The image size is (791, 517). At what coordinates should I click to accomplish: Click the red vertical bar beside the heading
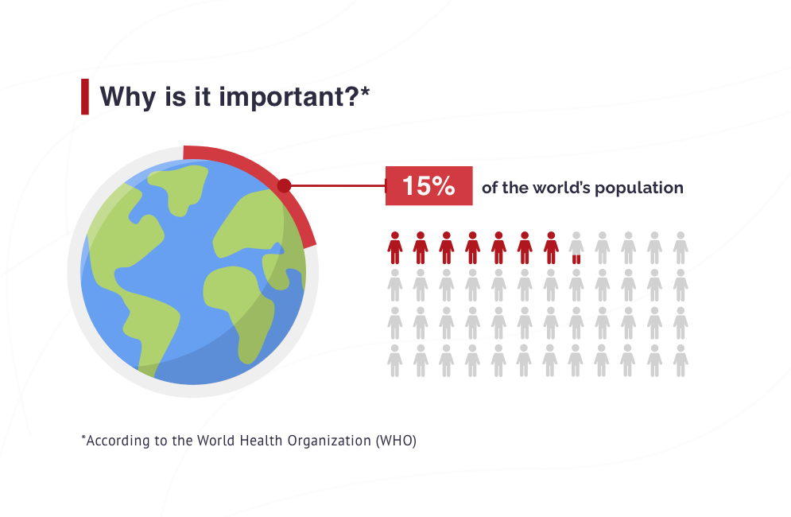(x=85, y=96)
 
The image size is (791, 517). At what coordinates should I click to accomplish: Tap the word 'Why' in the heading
(x=128, y=97)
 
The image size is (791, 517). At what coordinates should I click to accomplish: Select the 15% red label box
(x=428, y=186)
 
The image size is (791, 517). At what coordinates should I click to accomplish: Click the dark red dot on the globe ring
(x=284, y=186)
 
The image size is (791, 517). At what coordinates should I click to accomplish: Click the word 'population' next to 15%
(x=639, y=189)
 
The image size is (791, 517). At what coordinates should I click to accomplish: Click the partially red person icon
(x=576, y=248)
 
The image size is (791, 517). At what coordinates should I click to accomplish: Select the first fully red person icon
(x=395, y=248)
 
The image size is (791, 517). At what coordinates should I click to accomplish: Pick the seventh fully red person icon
(x=551, y=248)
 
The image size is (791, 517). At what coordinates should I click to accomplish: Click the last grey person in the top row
(x=680, y=248)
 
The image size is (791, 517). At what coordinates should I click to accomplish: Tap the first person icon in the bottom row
(x=395, y=360)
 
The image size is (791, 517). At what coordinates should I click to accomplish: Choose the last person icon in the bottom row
(x=680, y=360)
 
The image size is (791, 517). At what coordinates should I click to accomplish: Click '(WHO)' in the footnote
(x=396, y=441)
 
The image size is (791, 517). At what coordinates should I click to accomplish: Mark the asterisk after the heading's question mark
(x=365, y=91)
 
